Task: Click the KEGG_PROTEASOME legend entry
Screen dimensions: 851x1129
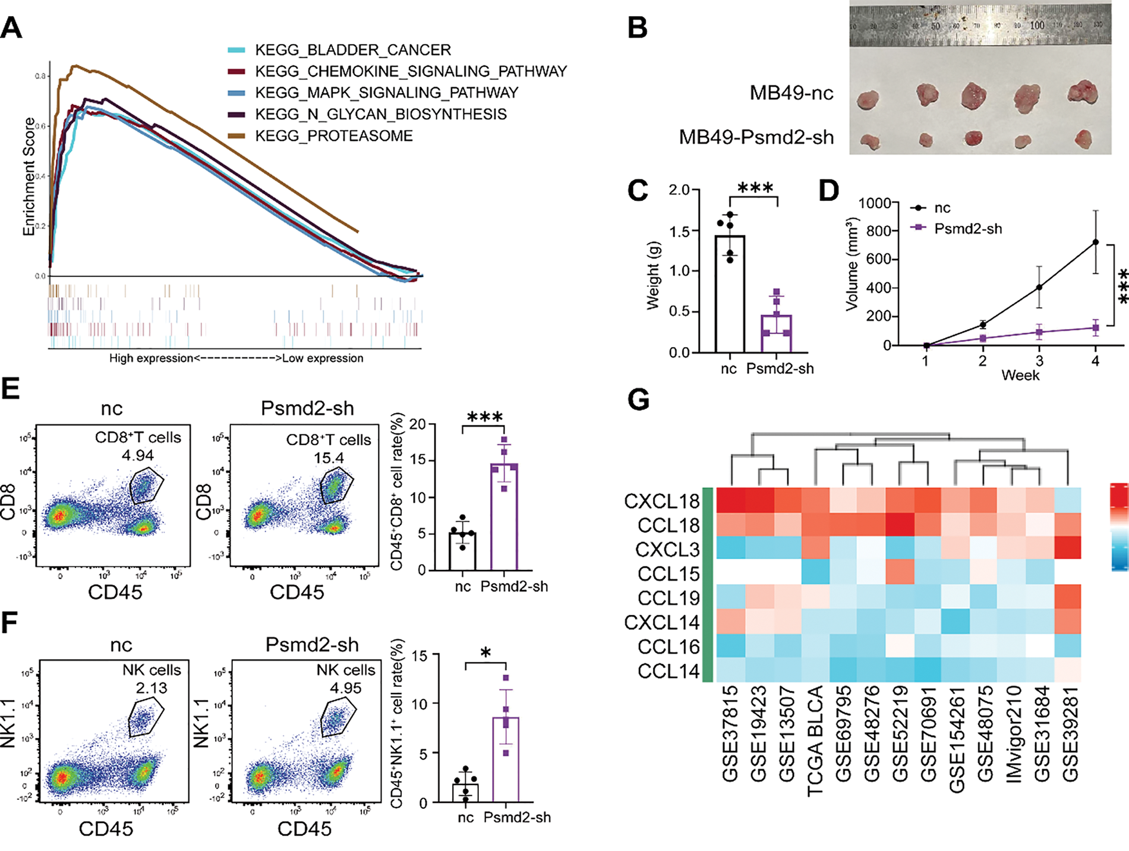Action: click(333, 136)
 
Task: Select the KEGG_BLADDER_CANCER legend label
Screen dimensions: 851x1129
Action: click(352, 50)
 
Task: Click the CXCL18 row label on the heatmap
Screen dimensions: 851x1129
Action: click(661, 502)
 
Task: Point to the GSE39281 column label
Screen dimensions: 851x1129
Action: click(1070, 734)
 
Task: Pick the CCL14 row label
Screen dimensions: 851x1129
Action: click(668, 672)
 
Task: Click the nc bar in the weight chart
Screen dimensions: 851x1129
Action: click(730, 294)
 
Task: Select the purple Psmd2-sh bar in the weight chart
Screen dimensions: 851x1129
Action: click(777, 333)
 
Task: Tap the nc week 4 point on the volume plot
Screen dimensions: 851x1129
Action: click(1095, 242)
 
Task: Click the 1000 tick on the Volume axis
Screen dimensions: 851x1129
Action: click(874, 203)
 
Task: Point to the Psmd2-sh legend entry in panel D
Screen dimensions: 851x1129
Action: click(967, 229)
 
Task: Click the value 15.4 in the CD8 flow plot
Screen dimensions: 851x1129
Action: click(329, 458)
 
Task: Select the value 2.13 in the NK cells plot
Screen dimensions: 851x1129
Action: click(152, 688)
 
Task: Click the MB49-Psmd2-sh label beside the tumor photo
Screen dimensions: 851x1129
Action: click(756, 138)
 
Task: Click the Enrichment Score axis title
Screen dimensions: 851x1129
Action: click(29, 176)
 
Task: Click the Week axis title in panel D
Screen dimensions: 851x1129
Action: click(1020, 375)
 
